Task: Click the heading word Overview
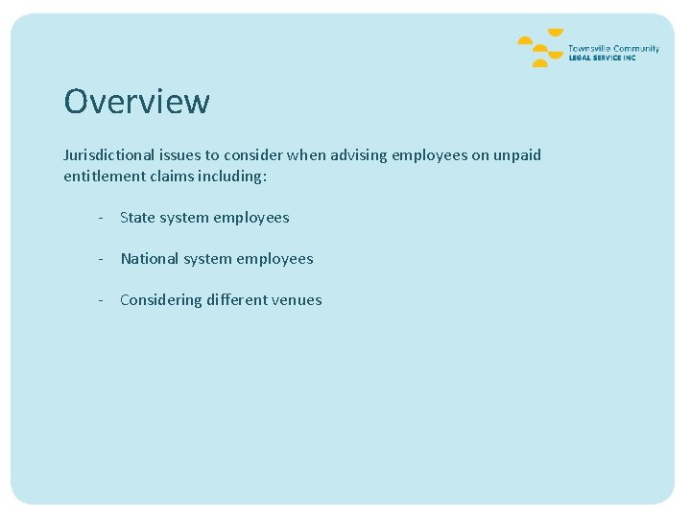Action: [136, 101]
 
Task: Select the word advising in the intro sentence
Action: [362, 154]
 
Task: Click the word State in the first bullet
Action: [137, 218]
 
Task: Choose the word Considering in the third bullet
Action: [161, 300]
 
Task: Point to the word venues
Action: [297, 300]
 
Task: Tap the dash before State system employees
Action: [100, 218]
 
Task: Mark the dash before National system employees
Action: [100, 259]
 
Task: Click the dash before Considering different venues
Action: [100, 300]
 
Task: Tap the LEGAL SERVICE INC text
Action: [602, 58]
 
